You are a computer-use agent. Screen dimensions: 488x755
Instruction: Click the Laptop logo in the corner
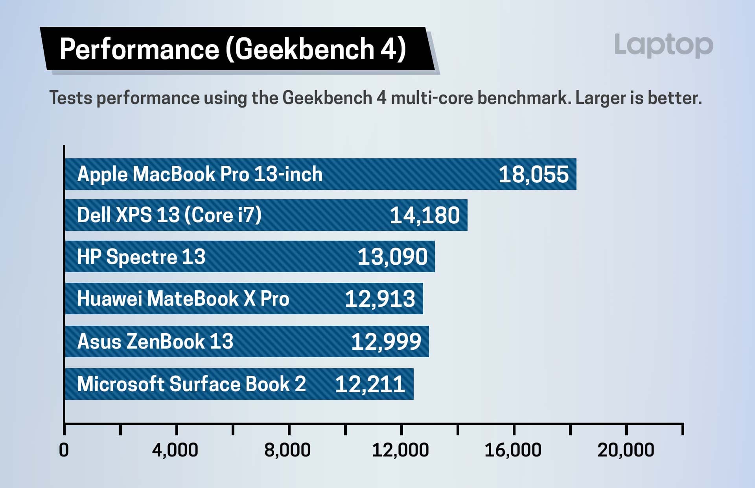click(663, 45)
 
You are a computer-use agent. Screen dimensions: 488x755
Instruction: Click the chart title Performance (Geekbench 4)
click(232, 49)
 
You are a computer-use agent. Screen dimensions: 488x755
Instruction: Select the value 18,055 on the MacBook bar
click(533, 174)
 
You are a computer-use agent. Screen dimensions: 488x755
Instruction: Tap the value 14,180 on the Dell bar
click(424, 215)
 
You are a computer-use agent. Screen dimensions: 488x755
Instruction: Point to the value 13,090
click(392, 257)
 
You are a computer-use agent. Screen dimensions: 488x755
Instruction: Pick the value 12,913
click(380, 299)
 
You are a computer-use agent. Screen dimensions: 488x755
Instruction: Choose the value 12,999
click(386, 341)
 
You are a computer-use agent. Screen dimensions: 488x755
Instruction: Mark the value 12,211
click(370, 384)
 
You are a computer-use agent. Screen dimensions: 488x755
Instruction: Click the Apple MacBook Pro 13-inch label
click(200, 174)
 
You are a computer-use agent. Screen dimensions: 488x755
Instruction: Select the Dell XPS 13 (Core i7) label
click(169, 215)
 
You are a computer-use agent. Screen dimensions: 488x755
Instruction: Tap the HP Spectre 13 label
click(141, 257)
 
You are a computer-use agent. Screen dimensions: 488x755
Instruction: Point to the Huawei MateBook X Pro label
click(183, 299)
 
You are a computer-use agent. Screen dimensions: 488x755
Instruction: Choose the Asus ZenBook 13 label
click(155, 341)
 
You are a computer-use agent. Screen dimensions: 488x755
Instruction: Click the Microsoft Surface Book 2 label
click(192, 384)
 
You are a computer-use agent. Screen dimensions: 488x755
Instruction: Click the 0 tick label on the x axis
click(64, 450)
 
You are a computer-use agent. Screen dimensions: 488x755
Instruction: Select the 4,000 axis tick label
click(175, 450)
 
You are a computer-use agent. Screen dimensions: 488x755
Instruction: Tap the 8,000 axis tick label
click(287, 450)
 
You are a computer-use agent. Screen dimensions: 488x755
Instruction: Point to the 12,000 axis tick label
click(400, 450)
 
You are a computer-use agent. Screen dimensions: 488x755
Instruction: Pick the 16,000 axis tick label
click(513, 450)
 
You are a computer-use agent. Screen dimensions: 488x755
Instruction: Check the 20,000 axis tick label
click(626, 450)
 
